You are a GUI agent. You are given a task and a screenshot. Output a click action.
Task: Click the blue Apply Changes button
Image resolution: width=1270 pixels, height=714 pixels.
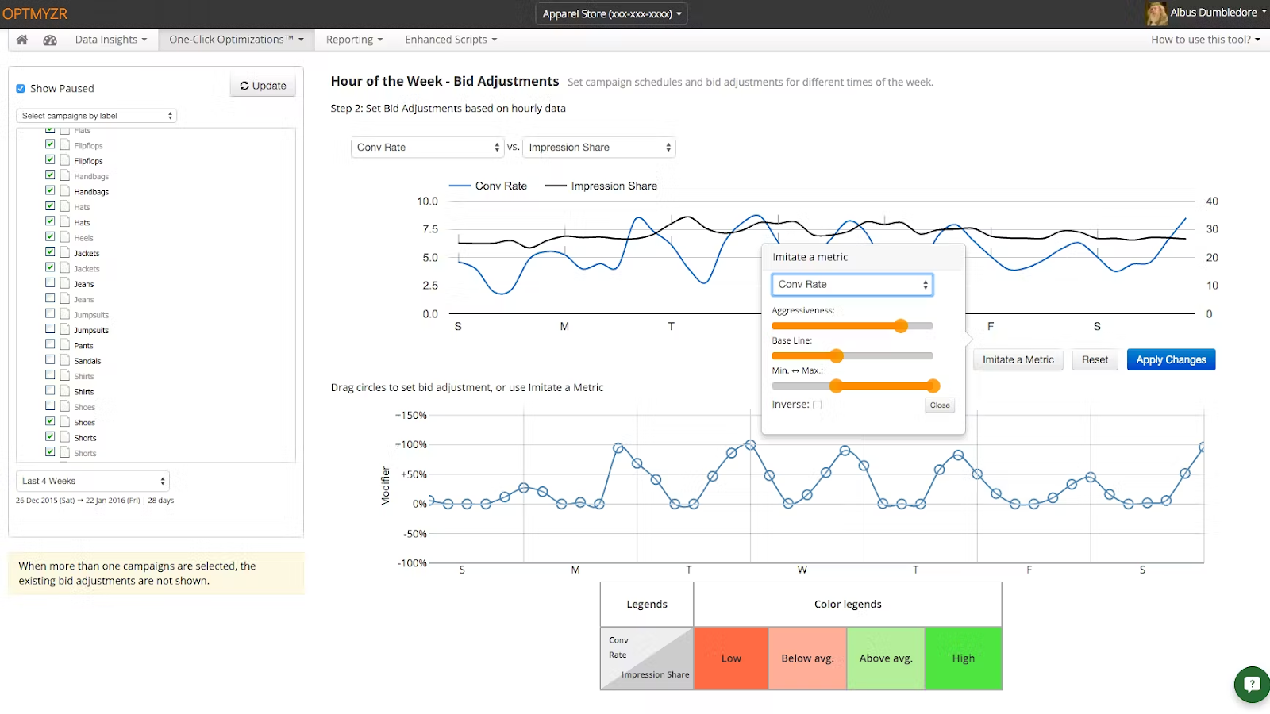coord(1171,360)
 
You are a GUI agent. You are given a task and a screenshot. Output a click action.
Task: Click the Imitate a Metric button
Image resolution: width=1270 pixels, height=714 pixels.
coord(1018,360)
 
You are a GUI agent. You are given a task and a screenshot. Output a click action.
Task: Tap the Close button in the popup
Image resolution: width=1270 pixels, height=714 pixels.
coord(940,405)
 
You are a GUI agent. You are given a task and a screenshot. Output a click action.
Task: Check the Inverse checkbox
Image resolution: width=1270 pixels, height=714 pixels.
coord(817,405)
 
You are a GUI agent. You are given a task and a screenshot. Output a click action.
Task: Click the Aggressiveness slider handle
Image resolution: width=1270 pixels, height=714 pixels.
coord(901,326)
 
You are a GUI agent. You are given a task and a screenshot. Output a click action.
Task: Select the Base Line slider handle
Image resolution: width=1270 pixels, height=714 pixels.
coord(837,356)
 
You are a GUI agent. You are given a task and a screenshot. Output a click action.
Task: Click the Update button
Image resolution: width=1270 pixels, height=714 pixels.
coord(263,86)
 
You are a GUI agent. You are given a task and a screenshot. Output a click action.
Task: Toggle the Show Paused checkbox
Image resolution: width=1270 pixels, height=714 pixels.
coord(21,88)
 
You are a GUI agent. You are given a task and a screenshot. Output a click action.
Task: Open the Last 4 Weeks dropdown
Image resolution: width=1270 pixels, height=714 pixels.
coord(93,481)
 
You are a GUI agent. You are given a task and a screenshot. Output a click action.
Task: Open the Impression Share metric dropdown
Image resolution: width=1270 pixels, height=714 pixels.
coord(598,148)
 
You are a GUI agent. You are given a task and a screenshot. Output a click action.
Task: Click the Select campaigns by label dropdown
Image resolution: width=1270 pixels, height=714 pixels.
coord(96,116)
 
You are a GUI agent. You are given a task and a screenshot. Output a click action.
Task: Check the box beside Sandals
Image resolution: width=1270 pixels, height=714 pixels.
coord(50,359)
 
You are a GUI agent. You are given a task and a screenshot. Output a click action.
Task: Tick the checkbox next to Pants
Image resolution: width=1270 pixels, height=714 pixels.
coord(50,344)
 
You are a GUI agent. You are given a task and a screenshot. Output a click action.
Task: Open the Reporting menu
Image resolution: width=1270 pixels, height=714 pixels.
coord(354,40)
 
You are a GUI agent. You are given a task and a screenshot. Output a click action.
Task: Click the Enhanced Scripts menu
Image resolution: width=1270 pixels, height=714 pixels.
coord(451,40)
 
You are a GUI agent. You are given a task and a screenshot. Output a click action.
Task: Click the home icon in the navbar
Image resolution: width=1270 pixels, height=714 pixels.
coord(22,40)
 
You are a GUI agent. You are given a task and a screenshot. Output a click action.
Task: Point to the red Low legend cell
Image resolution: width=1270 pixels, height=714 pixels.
coord(731,658)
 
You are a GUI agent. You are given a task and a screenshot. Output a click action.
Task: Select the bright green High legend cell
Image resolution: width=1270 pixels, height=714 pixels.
coord(964,658)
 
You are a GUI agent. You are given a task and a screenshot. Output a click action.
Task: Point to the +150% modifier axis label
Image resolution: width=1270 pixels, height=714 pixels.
coord(410,416)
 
